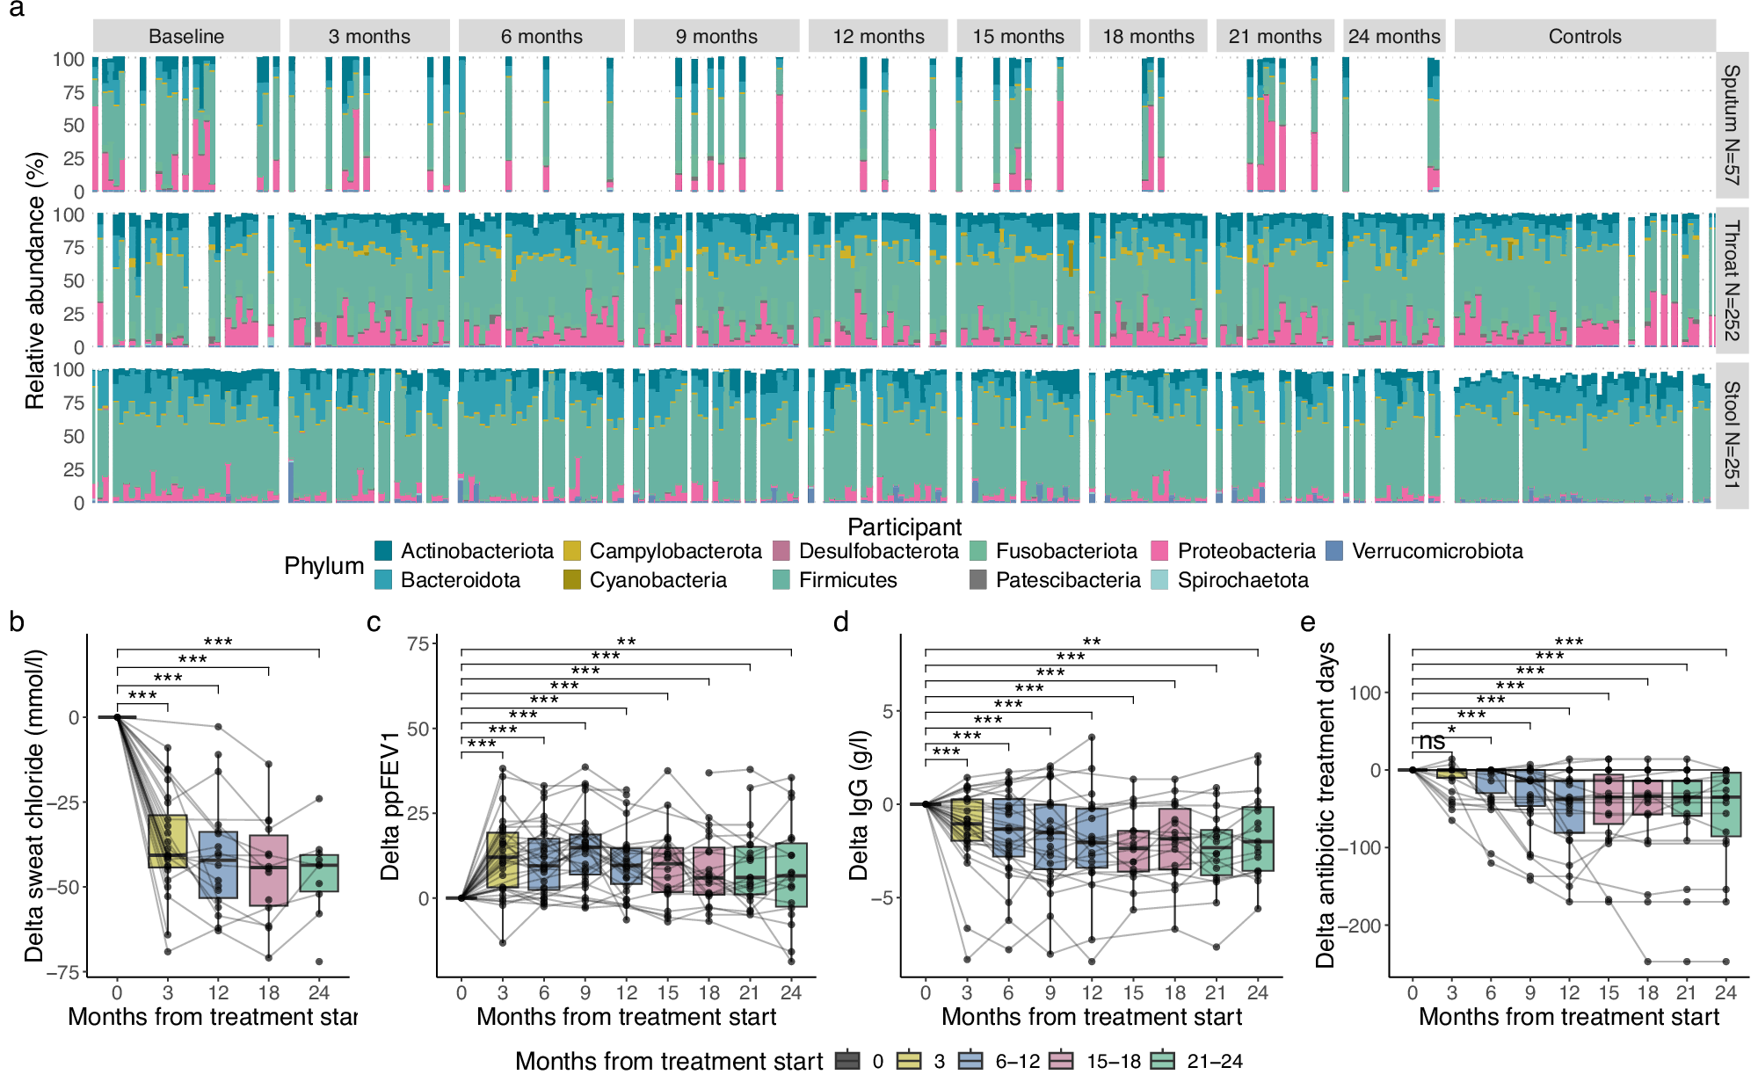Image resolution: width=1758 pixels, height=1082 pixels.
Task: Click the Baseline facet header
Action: (x=186, y=36)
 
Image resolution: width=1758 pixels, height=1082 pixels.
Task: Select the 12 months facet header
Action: (x=878, y=36)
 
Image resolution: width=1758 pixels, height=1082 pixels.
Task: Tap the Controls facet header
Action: (x=1584, y=36)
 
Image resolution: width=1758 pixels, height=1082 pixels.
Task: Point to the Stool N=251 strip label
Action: (x=1731, y=435)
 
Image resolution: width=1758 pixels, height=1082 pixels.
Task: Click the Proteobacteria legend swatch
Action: (x=1159, y=551)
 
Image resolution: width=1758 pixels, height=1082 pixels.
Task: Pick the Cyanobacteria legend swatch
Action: (x=572, y=580)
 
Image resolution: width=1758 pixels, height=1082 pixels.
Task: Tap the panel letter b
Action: (x=17, y=622)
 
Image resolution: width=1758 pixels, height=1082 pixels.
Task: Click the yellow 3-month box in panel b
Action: (x=167, y=841)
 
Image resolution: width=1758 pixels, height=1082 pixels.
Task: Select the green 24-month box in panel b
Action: (x=319, y=873)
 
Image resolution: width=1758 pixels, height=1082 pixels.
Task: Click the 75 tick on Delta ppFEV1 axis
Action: (x=418, y=644)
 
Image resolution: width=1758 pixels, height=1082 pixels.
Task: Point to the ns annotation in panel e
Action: (x=1432, y=742)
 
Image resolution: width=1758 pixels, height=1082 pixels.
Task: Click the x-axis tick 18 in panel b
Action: (x=268, y=992)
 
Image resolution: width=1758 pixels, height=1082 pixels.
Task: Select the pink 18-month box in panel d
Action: (x=1175, y=839)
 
